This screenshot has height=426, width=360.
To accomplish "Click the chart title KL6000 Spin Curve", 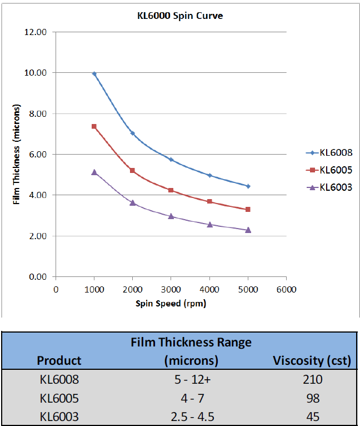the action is (180, 16).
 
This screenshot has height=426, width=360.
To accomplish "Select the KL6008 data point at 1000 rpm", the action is (94, 73).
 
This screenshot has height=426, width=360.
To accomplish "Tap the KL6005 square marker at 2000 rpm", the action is (132, 171).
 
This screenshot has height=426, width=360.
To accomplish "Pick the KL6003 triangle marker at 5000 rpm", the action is (248, 230).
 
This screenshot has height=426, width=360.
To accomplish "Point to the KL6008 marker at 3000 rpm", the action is (171, 160).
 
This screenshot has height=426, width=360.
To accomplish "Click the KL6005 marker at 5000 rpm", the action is (248, 210).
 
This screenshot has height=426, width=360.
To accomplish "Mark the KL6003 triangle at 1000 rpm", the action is (94, 172).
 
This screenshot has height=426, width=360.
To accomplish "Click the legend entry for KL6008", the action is (329, 153).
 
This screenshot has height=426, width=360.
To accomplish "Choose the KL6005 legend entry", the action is (329, 170).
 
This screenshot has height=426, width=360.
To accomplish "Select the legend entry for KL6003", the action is (329, 187).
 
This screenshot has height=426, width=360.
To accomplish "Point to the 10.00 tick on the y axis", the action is (36, 73).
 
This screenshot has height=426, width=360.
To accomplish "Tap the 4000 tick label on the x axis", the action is (209, 290).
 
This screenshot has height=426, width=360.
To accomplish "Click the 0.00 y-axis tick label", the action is (38, 277).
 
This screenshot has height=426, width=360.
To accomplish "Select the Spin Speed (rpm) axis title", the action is (171, 304).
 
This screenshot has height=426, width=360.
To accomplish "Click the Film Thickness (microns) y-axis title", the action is (17, 154).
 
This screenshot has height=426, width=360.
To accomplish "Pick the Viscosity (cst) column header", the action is (312, 361).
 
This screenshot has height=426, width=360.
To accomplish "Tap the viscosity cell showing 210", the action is (313, 379).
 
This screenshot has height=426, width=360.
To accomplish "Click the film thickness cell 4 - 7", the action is (192, 399).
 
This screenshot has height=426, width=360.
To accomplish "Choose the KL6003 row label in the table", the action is (59, 417).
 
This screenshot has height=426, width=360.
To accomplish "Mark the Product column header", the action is (59, 361).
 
